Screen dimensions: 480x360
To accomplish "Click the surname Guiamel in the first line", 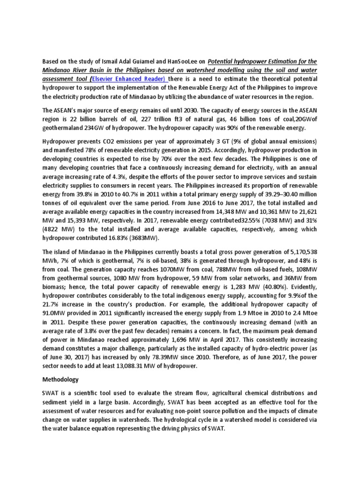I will point(136,61).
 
